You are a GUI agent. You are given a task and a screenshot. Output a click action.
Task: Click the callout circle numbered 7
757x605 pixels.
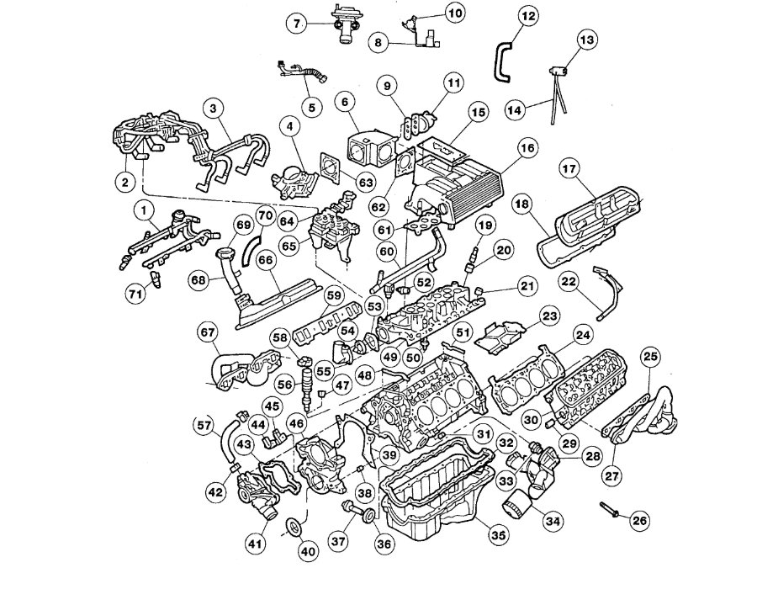click(296, 24)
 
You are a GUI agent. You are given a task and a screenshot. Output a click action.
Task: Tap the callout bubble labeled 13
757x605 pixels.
click(586, 40)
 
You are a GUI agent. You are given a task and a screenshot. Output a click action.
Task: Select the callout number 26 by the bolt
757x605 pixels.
click(639, 521)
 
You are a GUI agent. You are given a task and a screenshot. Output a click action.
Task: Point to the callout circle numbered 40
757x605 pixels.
click(308, 552)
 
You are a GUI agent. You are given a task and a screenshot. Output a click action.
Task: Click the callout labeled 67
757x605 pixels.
click(208, 333)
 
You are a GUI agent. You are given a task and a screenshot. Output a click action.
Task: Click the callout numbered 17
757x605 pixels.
click(569, 169)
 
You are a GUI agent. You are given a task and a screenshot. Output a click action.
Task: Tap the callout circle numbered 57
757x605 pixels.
click(203, 424)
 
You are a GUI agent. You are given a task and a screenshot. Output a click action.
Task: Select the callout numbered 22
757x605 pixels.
click(569, 280)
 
